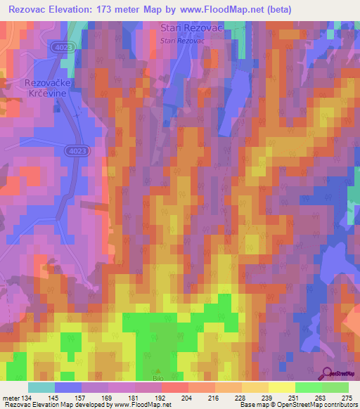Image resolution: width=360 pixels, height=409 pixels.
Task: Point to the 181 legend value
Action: point(136,398)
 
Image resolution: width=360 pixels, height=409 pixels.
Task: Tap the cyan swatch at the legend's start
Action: point(41,387)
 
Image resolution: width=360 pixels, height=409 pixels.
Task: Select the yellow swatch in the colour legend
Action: point(281,387)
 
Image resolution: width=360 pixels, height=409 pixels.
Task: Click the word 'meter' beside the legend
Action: point(10,398)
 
